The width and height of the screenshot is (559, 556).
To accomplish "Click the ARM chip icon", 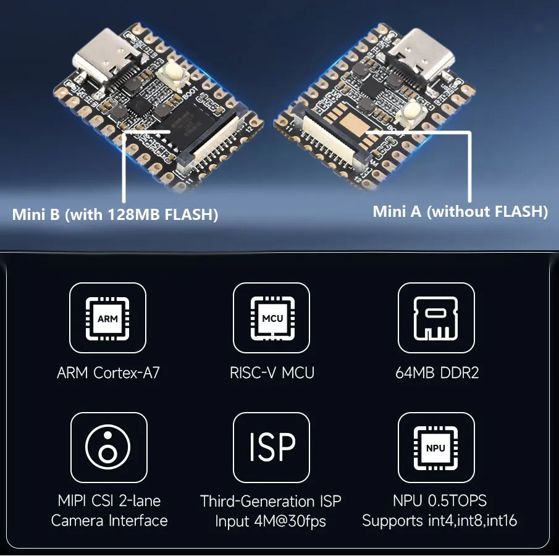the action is [107, 318].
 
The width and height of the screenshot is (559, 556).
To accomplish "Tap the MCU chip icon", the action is [272, 318].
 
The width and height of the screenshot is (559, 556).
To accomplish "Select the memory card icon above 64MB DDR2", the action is [436, 318].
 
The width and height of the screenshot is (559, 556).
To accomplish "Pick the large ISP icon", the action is [272, 447].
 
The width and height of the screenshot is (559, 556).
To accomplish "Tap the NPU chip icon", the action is [436, 447].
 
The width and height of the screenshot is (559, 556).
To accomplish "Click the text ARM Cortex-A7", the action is [108, 373].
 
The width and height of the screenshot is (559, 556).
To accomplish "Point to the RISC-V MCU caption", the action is [272, 373].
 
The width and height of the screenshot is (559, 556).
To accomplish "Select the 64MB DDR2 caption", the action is [437, 373].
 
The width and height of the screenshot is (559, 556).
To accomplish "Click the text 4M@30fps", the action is [290, 521].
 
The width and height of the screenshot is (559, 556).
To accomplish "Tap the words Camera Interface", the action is [109, 521].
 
